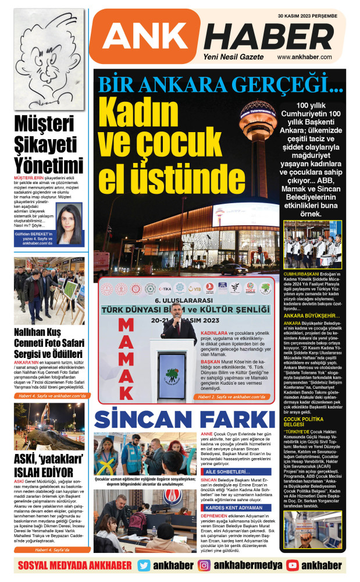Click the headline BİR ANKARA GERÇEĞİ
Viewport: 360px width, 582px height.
[x=221, y=84]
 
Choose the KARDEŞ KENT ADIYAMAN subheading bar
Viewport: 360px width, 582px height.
[x=234, y=508]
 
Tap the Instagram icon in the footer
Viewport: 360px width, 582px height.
[x=204, y=565]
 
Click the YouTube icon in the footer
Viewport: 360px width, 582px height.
[x=293, y=565]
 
